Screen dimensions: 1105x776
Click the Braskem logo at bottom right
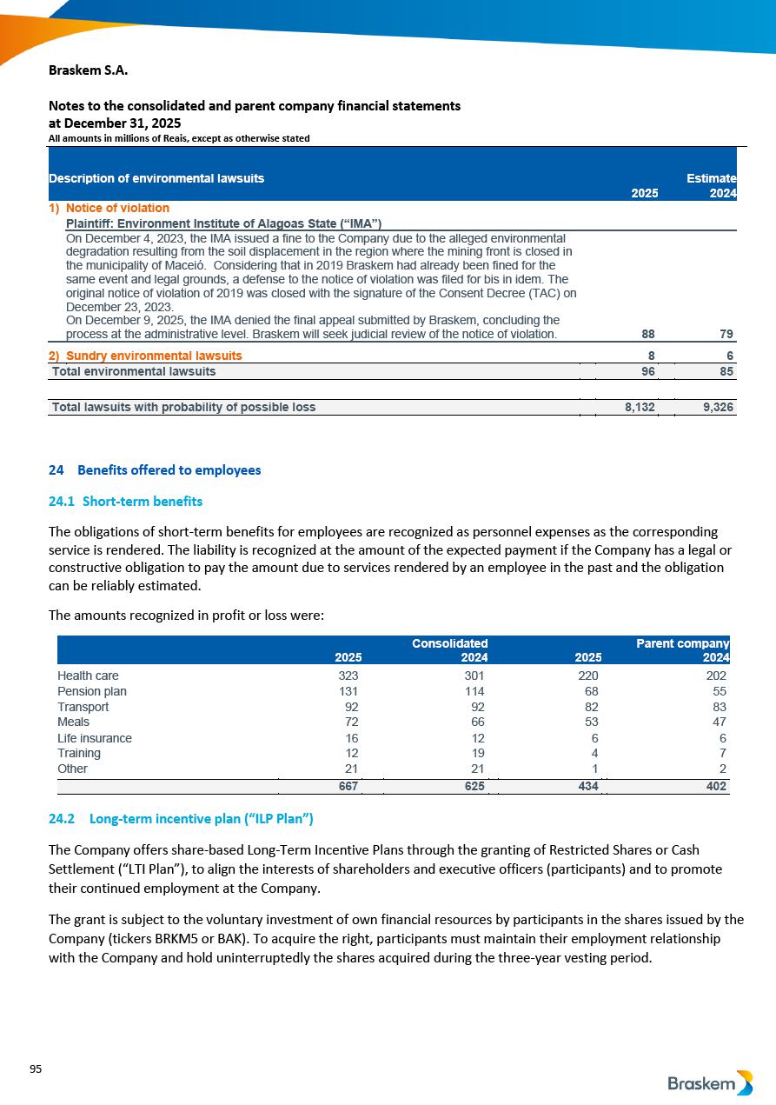(x=710, y=1083)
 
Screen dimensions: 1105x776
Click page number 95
(x=36, y=1069)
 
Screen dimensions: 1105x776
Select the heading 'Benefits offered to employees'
(x=169, y=470)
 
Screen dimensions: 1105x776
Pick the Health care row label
(x=88, y=676)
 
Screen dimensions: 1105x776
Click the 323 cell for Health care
(x=348, y=676)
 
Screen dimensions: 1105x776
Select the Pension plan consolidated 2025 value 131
(x=348, y=691)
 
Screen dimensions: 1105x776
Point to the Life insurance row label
(x=95, y=738)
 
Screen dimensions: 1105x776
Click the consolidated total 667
(x=348, y=786)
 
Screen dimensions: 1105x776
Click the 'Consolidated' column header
(x=449, y=643)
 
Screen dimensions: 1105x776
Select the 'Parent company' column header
(x=682, y=643)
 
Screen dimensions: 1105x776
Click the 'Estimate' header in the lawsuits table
(x=711, y=178)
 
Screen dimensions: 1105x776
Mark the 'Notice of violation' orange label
(x=117, y=209)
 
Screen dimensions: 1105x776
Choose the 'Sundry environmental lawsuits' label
(x=154, y=356)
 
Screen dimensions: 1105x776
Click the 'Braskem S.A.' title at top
(x=89, y=70)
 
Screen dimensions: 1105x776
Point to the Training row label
(x=79, y=753)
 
